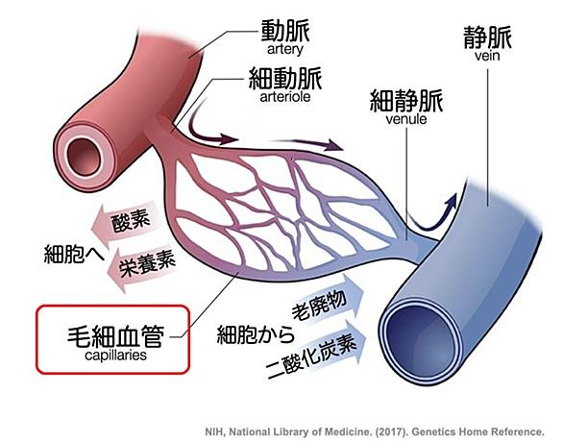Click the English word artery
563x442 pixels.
pyautogui.click(x=285, y=49)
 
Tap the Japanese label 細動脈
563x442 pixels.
pyautogui.click(x=285, y=78)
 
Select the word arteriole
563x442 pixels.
pyautogui.click(x=285, y=97)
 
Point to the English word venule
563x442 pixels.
pyautogui.click(x=406, y=119)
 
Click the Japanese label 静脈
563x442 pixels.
pyautogui.click(x=487, y=37)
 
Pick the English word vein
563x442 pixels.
pyautogui.click(x=487, y=56)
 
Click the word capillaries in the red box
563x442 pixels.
pyautogui.click(x=115, y=356)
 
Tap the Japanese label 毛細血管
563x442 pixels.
pyautogui.click(x=115, y=336)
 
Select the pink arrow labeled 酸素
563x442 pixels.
pyautogui.click(x=124, y=223)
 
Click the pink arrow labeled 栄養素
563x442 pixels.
pyautogui.click(x=142, y=266)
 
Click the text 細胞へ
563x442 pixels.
pyautogui.click(x=74, y=255)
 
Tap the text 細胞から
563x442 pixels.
pyautogui.click(x=256, y=334)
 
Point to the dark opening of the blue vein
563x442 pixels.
pyautogui.click(x=419, y=341)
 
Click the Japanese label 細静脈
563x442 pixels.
pyautogui.click(x=406, y=101)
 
